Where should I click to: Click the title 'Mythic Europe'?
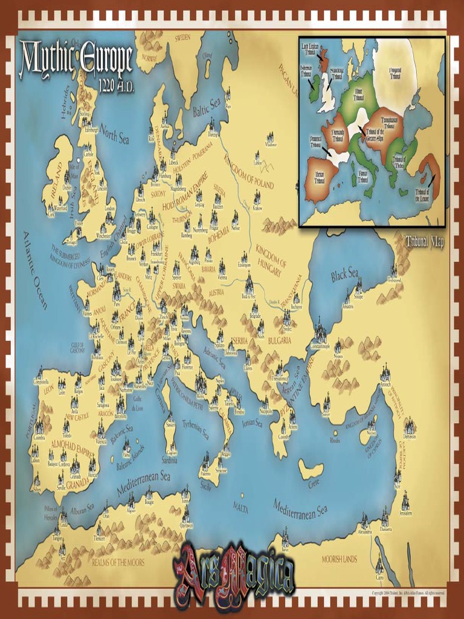(76, 59)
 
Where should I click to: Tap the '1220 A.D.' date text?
(113, 85)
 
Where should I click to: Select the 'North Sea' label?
(115, 134)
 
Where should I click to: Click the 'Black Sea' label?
(344, 276)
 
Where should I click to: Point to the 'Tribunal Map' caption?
(425, 241)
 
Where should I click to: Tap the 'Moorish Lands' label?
(339, 559)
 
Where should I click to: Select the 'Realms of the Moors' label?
(118, 562)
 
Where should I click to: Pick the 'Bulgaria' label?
(280, 340)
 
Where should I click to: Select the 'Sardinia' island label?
(170, 460)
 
